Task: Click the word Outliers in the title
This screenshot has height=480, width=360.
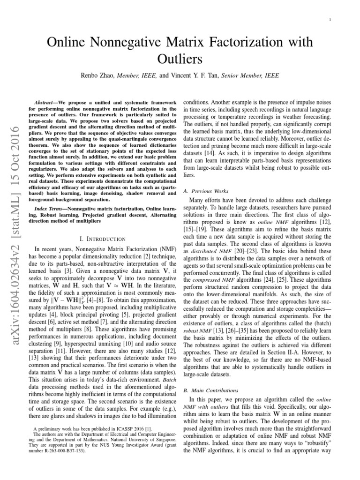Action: point(180,60)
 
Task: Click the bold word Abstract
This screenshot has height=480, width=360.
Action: point(49,102)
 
